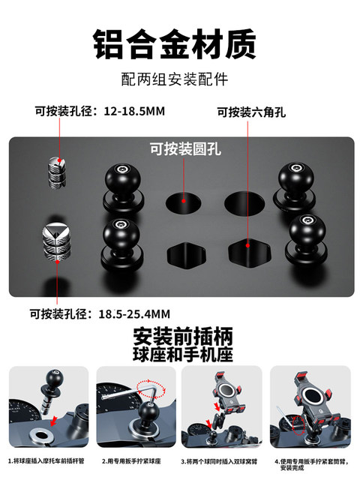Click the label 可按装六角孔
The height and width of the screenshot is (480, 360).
[x=251, y=112]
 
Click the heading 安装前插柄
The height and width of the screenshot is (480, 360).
[x=179, y=335]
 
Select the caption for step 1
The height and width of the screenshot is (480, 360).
[x=47, y=460]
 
